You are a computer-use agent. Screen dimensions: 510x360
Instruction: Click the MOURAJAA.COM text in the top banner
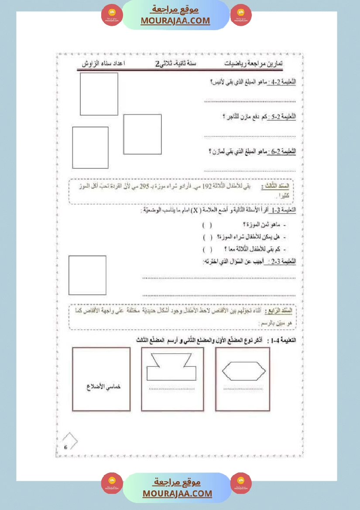coord(175,21)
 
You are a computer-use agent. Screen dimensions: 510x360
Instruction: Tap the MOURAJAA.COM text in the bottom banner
coord(177,493)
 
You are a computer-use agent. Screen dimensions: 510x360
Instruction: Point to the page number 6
coord(65,447)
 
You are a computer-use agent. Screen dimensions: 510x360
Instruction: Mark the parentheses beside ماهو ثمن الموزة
coord(207,225)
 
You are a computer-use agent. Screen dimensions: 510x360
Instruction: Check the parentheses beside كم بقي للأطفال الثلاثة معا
coord(207,249)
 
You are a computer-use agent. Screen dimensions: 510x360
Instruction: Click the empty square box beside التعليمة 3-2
coord(87,276)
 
